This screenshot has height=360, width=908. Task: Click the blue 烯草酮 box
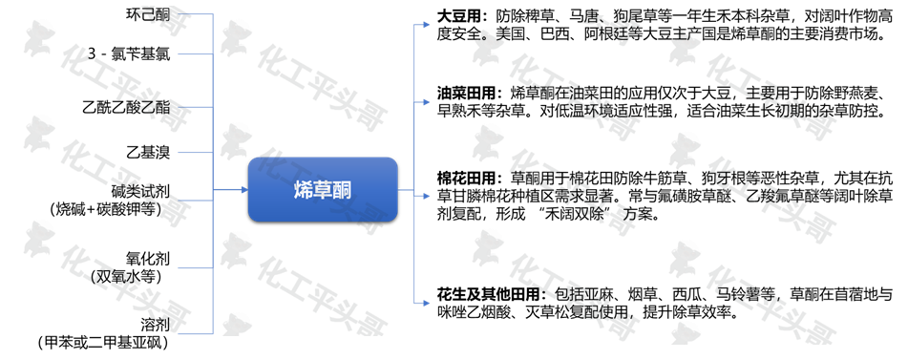coord(323,189)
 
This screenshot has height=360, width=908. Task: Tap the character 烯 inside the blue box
coord(303,190)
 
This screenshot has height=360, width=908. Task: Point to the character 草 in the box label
coord(323,190)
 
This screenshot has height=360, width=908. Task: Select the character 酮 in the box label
coord(342,190)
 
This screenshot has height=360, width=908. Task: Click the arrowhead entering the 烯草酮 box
coord(243,190)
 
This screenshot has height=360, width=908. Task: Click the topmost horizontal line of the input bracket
coord(196,15)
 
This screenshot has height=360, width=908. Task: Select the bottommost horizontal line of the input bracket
coord(196,334)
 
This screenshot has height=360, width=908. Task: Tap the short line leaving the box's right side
coord(405,191)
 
